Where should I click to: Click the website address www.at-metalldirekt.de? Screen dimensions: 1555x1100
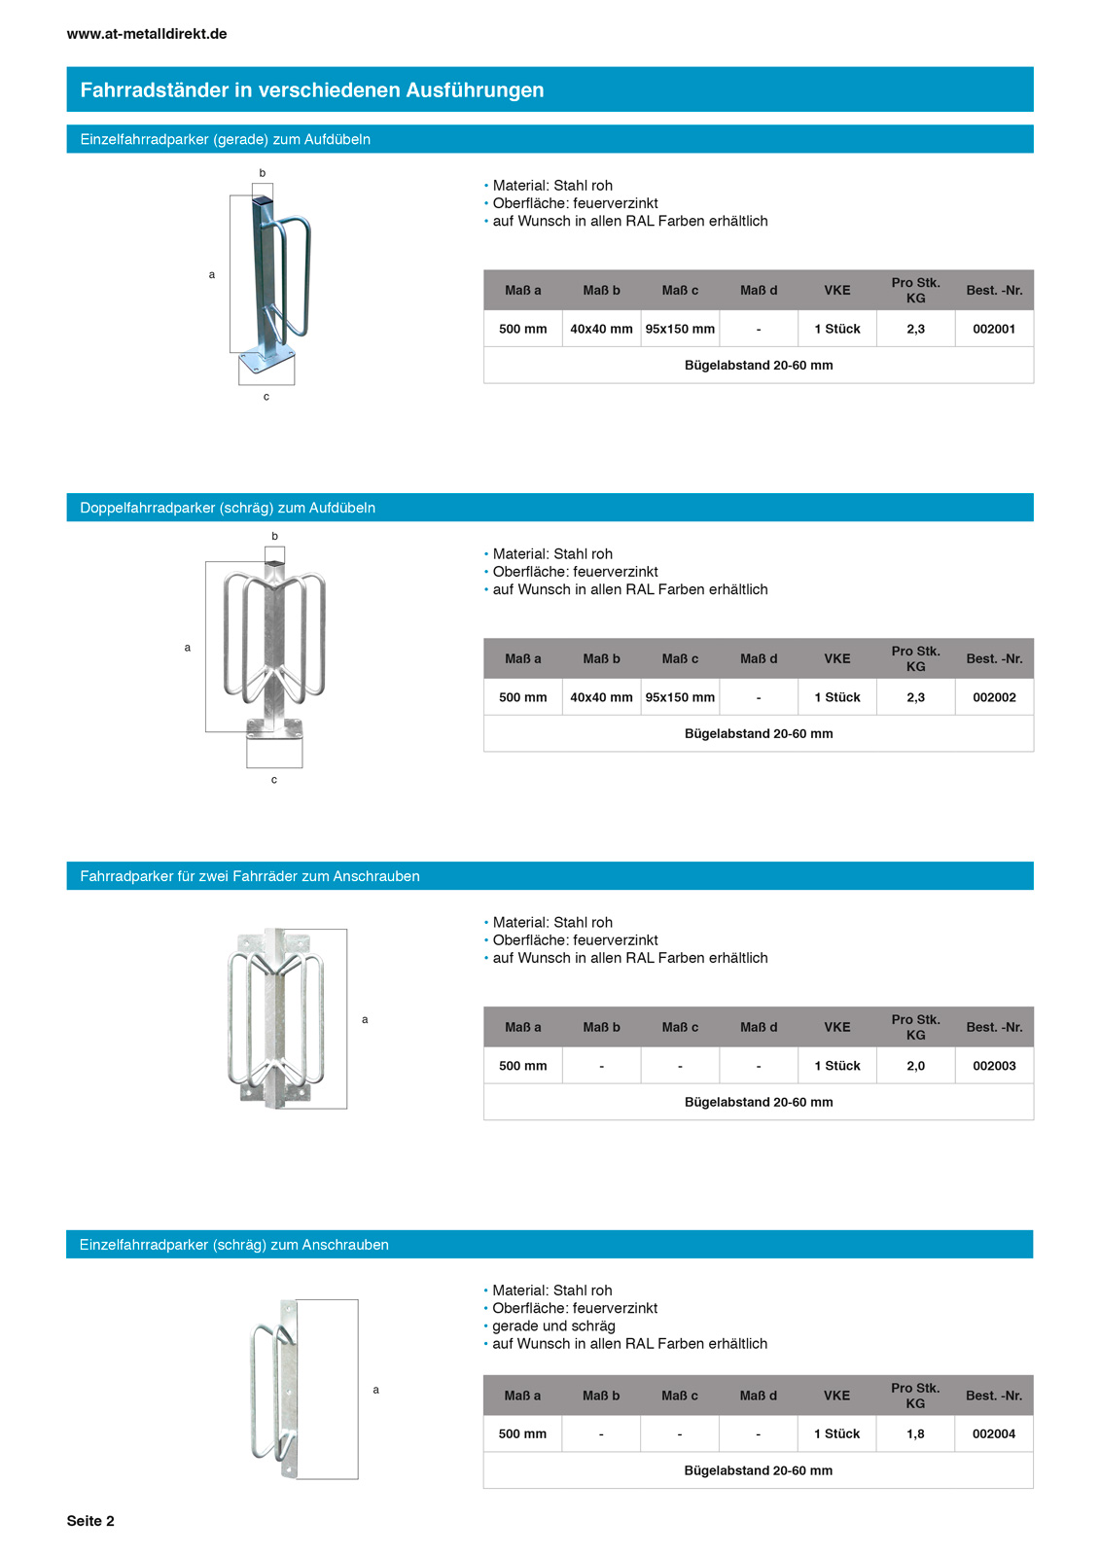tap(147, 34)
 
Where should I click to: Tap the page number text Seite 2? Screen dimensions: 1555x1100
tap(90, 1521)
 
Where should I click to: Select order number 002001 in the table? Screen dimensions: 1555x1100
tap(993, 329)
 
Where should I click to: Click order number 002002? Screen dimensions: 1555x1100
tap(993, 697)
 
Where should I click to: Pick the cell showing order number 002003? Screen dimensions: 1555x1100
tap(993, 1066)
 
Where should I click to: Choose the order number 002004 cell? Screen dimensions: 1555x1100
tap(993, 1433)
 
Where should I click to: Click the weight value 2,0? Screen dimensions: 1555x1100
tap(915, 1066)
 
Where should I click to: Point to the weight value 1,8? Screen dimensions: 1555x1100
tap(915, 1433)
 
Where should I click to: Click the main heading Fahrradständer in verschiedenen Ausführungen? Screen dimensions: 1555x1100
tap(312, 90)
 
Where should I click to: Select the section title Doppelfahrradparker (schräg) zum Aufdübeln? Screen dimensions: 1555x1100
tap(228, 508)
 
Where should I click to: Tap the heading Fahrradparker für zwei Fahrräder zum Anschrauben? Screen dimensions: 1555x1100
tap(250, 876)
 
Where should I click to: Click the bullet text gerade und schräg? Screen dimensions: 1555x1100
tap(553, 1325)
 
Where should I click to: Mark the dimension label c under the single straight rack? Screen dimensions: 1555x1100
tap(266, 397)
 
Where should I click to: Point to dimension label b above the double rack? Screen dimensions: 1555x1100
tap(275, 536)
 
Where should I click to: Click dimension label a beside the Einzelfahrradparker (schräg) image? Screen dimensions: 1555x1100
tap(376, 1390)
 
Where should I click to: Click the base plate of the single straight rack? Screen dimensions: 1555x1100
tap(266, 361)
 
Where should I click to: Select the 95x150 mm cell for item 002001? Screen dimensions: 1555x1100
tap(680, 329)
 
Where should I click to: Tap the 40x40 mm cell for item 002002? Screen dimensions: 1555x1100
tap(601, 697)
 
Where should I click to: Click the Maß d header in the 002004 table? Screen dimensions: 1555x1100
tap(758, 1396)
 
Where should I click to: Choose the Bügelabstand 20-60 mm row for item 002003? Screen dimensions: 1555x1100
tap(758, 1102)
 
